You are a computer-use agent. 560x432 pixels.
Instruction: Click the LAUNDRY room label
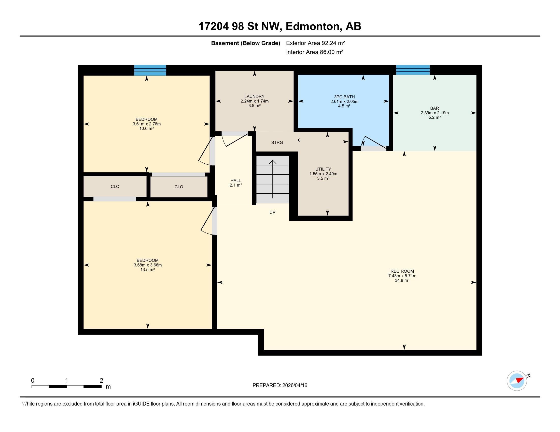[x=254, y=97]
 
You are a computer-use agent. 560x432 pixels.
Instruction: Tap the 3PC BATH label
[x=344, y=97]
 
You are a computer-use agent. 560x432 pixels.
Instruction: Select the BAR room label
[x=435, y=108]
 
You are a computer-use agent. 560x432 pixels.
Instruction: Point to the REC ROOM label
[x=402, y=271]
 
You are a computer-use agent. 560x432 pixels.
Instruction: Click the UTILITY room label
[x=323, y=169]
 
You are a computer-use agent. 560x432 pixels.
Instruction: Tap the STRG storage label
[x=277, y=143]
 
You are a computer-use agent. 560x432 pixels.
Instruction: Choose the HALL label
[x=236, y=181]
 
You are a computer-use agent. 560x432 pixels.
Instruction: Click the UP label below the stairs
[x=273, y=212]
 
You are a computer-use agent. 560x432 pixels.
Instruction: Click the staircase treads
[x=273, y=179]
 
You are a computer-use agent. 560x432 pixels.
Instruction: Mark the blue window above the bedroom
[x=150, y=70]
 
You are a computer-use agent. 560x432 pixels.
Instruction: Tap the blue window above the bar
[x=413, y=70]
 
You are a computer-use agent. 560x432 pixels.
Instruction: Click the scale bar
[x=67, y=387]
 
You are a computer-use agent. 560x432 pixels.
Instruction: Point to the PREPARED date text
[x=280, y=385]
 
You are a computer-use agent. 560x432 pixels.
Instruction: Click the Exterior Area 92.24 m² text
[x=315, y=43]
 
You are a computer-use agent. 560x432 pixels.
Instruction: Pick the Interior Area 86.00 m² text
[x=315, y=52]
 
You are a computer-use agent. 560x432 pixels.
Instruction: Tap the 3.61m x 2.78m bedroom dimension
[x=147, y=124]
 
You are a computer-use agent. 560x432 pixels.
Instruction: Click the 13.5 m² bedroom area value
[x=147, y=270]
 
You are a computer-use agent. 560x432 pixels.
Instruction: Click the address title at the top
[x=280, y=26]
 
